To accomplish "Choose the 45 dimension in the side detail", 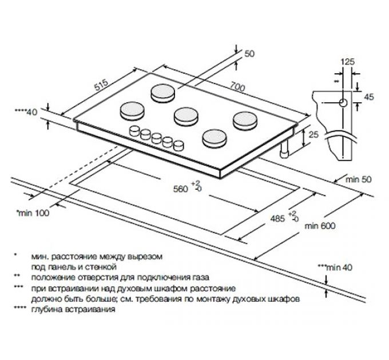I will point(368,97).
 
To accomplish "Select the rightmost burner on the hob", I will point(244,118).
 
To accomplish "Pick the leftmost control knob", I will point(135,130).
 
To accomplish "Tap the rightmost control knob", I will point(179,145).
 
